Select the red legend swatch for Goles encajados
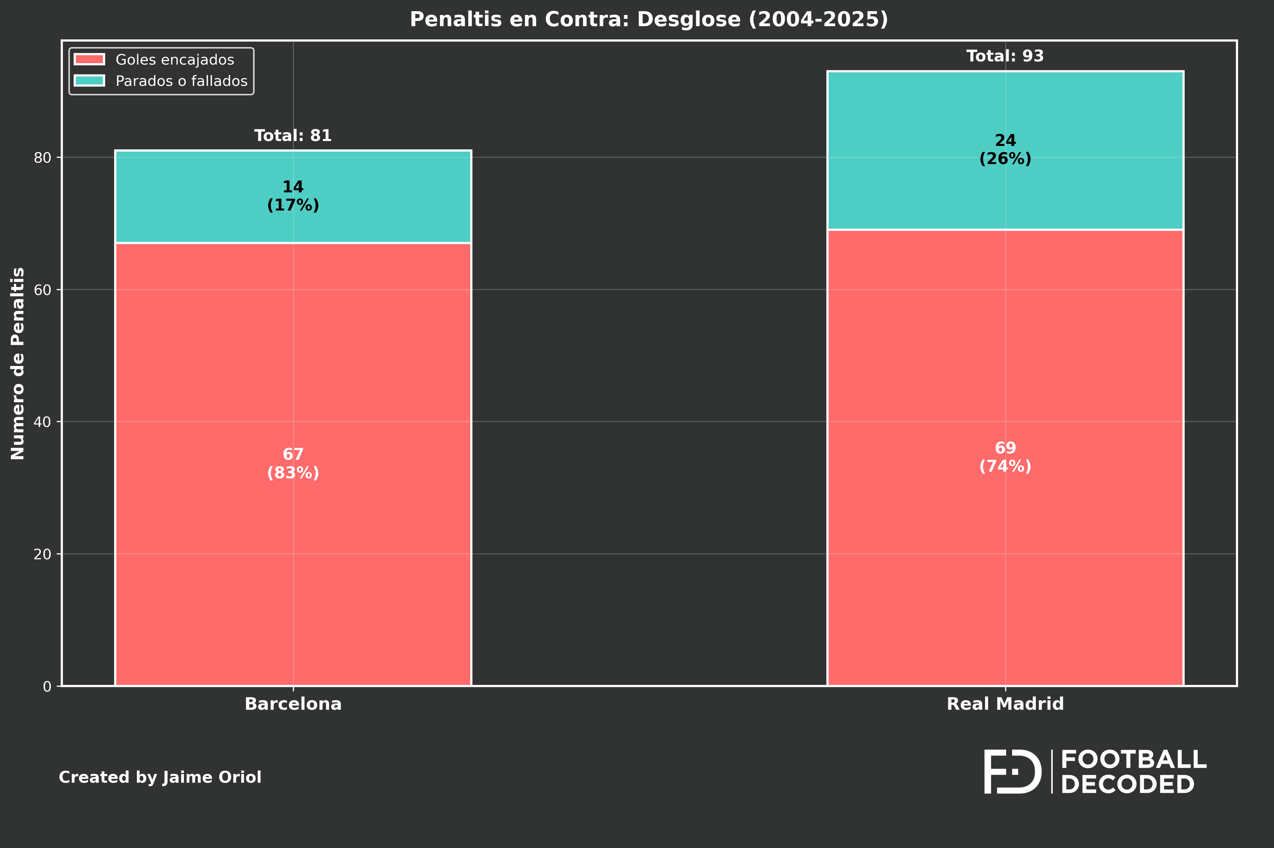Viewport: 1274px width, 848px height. click(89, 59)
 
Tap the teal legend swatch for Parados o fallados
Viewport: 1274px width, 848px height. click(89, 81)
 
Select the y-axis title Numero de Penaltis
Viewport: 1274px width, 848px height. click(18, 363)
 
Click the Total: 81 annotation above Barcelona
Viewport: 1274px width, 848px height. click(293, 136)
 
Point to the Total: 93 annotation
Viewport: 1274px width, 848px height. click(1005, 56)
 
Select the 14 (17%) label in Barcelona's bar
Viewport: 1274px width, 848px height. click(293, 196)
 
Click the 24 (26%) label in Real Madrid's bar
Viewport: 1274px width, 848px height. click(1005, 149)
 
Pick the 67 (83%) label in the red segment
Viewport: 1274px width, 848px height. click(293, 464)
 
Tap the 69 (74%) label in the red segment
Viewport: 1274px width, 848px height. click(1005, 457)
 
